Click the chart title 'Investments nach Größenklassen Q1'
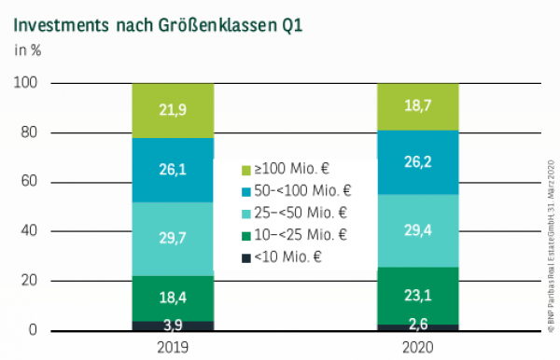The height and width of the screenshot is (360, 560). point(157,22)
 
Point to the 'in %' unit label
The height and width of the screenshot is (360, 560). point(27,50)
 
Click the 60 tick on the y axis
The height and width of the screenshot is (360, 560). point(29,182)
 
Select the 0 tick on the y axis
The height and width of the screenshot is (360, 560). point(33,330)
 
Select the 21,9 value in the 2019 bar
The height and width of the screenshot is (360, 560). point(173,110)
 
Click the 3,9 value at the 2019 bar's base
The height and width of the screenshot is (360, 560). point(173,325)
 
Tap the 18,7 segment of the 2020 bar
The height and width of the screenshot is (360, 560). point(417,107)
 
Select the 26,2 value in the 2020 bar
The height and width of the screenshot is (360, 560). point(417,162)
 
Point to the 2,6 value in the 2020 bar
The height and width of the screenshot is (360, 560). point(417,326)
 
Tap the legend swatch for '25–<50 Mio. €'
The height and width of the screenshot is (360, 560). point(246,213)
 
